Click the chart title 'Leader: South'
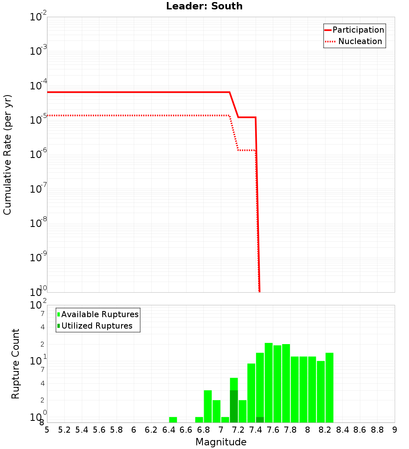click(204, 6)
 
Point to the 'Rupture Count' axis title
click(16, 364)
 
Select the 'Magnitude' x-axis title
click(221, 442)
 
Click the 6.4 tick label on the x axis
click(169, 429)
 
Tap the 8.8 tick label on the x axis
click(377, 429)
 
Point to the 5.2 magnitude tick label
click(64, 429)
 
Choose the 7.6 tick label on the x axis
click(273, 429)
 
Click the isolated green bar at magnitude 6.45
click(173, 420)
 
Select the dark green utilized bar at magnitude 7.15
click(234, 407)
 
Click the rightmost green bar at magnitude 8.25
click(329, 387)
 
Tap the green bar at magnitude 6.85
click(208, 406)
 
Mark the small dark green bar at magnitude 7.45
click(260, 420)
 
